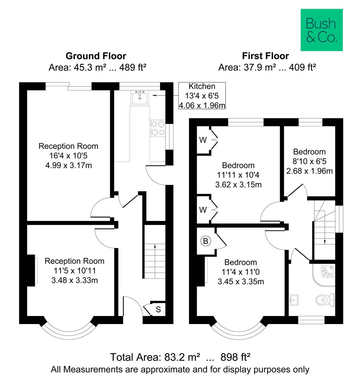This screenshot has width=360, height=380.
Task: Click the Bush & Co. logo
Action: point(321,30)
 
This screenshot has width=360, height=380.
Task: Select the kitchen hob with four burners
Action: point(158,128)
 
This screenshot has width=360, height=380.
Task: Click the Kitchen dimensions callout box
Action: point(202,95)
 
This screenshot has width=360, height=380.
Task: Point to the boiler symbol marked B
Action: point(205,241)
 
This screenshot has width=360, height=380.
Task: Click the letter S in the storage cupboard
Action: point(158,310)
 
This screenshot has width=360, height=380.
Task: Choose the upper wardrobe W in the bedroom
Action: point(203,140)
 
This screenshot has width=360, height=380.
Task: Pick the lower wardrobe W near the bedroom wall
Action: point(203,210)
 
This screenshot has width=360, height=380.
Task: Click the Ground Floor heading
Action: point(96,56)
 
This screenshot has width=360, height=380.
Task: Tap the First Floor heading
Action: point(265,56)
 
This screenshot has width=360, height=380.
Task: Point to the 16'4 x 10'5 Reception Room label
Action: point(68,155)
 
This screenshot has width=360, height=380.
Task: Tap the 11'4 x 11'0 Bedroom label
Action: point(241,272)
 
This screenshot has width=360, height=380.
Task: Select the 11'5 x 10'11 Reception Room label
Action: point(74,270)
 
